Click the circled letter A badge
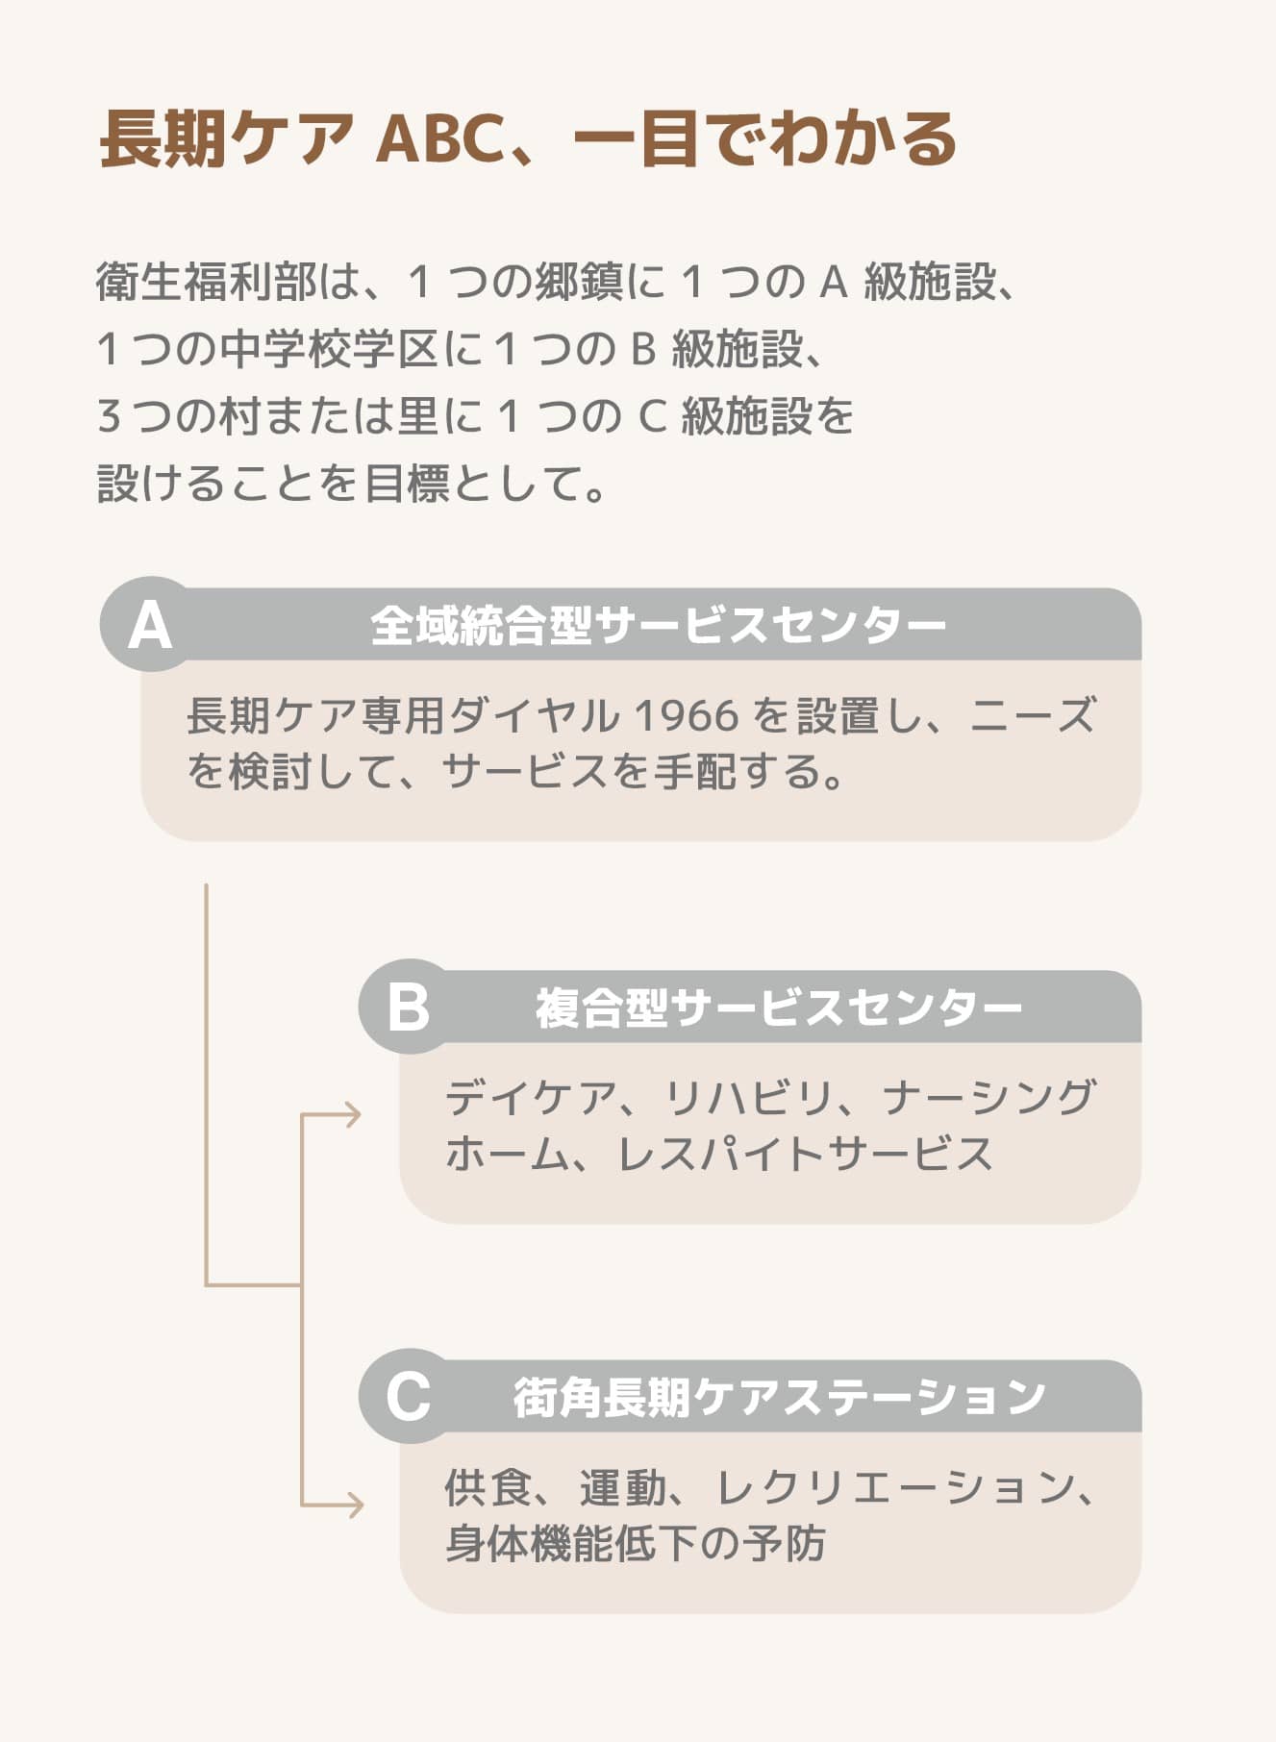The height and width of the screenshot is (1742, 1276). coord(149,625)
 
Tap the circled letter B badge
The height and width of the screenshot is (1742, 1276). coord(408,1007)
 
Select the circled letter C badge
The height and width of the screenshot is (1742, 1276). coord(408,1396)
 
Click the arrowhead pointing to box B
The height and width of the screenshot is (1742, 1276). coord(353,1115)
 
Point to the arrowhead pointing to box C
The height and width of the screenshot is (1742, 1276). coord(355,1505)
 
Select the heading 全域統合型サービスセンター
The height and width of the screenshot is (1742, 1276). coord(658,625)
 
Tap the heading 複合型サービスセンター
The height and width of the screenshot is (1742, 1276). coord(778,1008)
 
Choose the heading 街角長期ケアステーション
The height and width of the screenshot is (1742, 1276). coord(778,1397)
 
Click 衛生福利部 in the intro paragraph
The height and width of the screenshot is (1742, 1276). coord(206,282)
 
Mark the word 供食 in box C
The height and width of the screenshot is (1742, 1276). coord(488,1487)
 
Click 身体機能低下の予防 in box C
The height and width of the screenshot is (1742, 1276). coord(636,1544)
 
